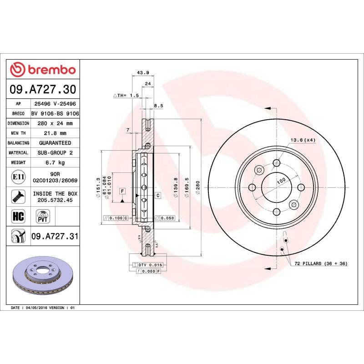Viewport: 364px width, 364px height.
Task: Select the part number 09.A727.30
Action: [43, 89]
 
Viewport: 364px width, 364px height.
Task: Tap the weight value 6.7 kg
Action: [55, 162]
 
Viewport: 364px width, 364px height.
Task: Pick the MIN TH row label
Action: [19, 133]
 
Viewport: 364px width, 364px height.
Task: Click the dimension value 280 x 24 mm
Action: [55, 123]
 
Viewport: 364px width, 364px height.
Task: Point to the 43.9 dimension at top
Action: [143, 73]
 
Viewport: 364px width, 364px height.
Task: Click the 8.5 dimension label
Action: [158, 106]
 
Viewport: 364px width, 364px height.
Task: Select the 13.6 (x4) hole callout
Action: [303, 140]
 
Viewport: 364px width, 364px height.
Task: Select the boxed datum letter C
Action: [157, 195]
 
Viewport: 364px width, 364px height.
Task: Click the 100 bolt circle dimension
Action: [281, 181]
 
